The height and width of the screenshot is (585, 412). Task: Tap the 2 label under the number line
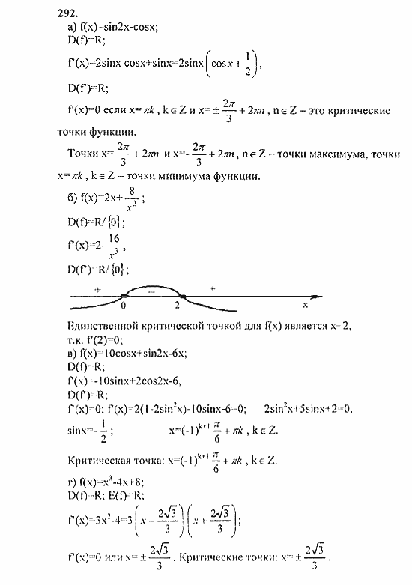point(178,306)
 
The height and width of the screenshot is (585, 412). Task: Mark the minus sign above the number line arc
point(151,290)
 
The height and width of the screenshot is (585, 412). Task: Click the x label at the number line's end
point(305,306)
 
